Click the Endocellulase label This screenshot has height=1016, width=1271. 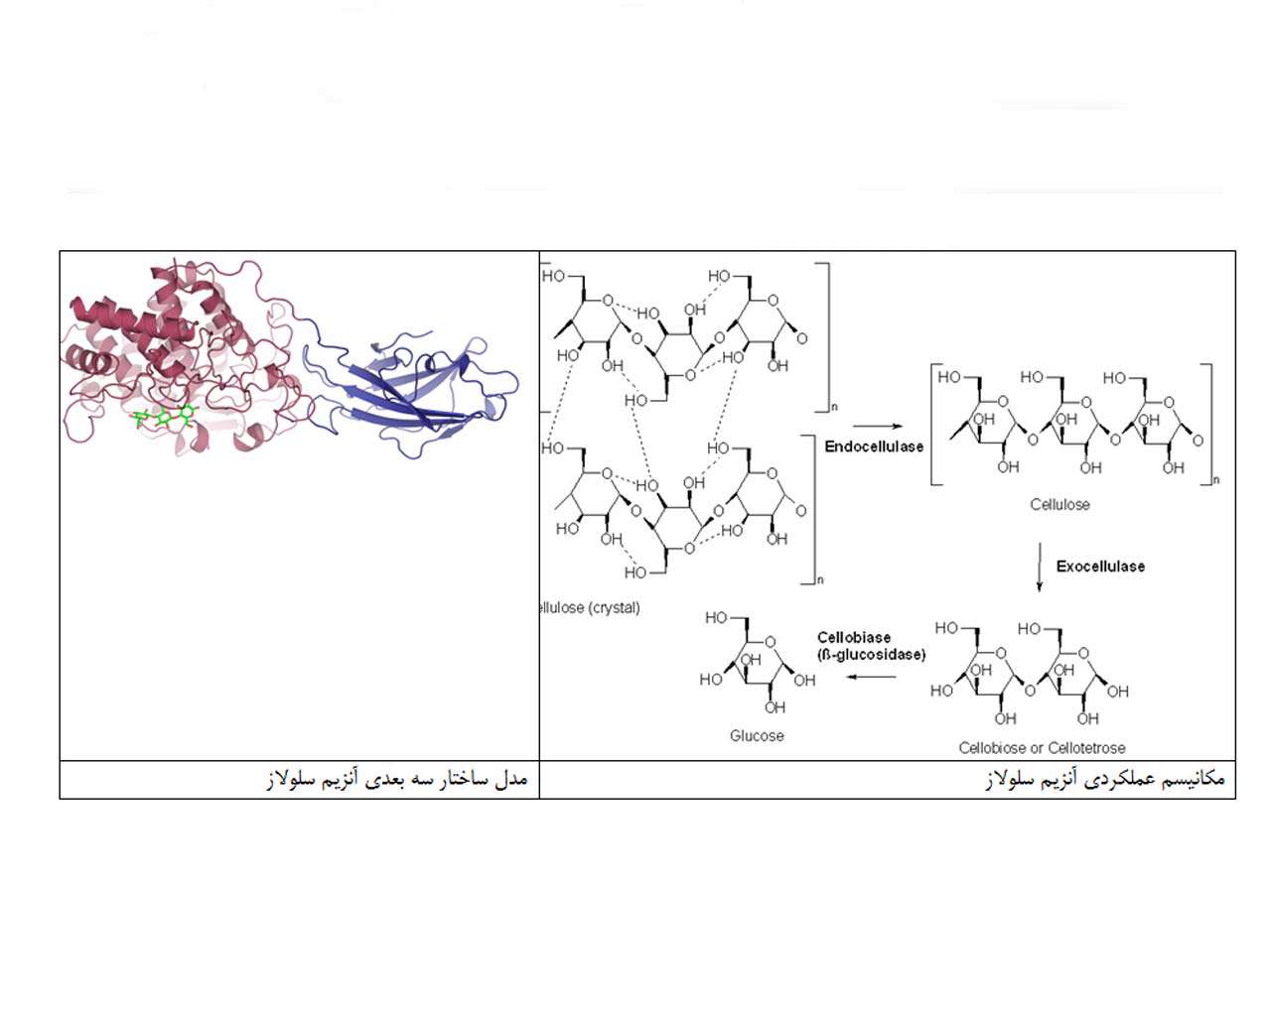click(x=874, y=446)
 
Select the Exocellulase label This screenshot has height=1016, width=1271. click(x=1100, y=567)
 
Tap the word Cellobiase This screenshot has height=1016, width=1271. click(x=853, y=638)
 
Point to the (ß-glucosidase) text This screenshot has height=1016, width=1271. click(x=871, y=655)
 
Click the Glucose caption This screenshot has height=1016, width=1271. click(x=757, y=735)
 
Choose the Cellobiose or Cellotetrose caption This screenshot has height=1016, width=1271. click(x=1042, y=748)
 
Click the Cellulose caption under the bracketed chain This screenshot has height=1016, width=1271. click(x=1059, y=505)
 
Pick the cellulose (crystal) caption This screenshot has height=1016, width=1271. click(x=590, y=607)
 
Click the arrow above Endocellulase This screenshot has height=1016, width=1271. click(x=878, y=426)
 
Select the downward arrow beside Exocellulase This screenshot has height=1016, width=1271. click(x=1040, y=567)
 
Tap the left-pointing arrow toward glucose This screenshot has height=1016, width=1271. click(x=871, y=677)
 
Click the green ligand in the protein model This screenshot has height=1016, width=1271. click(x=164, y=417)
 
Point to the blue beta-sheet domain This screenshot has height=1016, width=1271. click(x=412, y=394)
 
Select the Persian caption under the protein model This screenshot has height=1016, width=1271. click(x=397, y=779)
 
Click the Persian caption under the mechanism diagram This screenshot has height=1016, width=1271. click(x=1105, y=779)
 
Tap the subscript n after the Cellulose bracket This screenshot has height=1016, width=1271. click(x=1216, y=480)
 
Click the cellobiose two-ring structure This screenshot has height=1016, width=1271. click(x=1030, y=673)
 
